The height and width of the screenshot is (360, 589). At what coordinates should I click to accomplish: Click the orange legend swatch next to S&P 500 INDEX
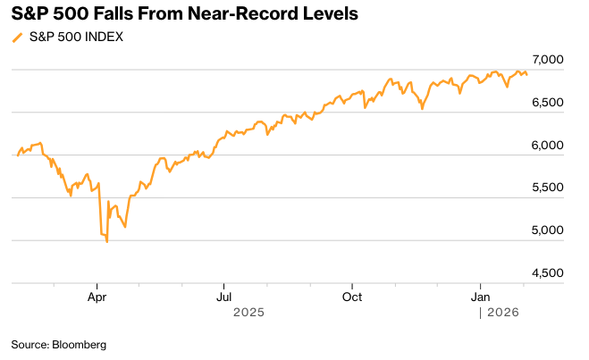[x=16, y=38]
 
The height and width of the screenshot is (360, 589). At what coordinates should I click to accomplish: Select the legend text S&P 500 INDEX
[x=76, y=38]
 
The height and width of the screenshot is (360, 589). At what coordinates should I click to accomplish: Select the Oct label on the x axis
[x=353, y=296]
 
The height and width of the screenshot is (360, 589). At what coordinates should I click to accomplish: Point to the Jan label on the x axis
[x=481, y=296]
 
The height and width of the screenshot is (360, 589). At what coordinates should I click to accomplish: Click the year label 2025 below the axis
[x=248, y=313]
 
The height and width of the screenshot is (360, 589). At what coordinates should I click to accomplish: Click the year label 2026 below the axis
[x=502, y=313]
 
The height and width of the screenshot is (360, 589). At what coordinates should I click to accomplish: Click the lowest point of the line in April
[x=107, y=242]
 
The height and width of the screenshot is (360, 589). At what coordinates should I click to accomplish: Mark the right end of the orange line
[x=526, y=74]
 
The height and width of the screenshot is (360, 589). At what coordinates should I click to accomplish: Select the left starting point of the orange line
[x=18, y=155]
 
